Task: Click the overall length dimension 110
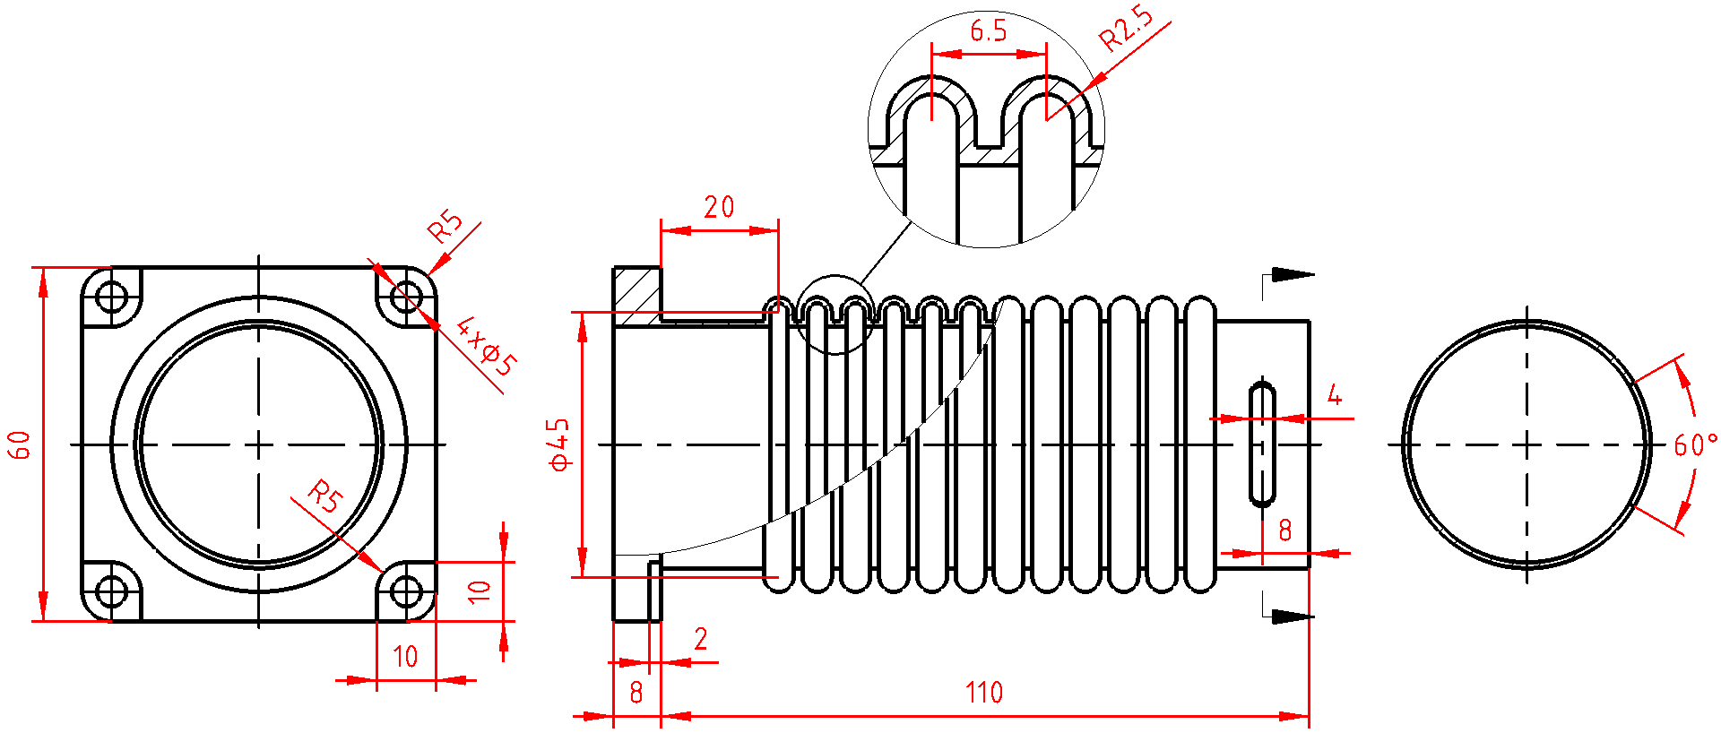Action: pyautogui.click(x=983, y=693)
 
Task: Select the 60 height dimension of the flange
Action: pyautogui.click(x=20, y=444)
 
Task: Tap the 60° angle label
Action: pyautogui.click(x=1696, y=444)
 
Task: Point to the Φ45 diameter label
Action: pyautogui.click(x=558, y=444)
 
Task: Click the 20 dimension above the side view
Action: pyautogui.click(x=719, y=208)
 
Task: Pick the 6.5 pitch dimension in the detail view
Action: pyautogui.click(x=989, y=31)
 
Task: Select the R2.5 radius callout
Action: pyautogui.click(x=1126, y=29)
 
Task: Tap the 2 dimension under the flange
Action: pyautogui.click(x=701, y=639)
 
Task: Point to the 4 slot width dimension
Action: pyautogui.click(x=1335, y=395)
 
